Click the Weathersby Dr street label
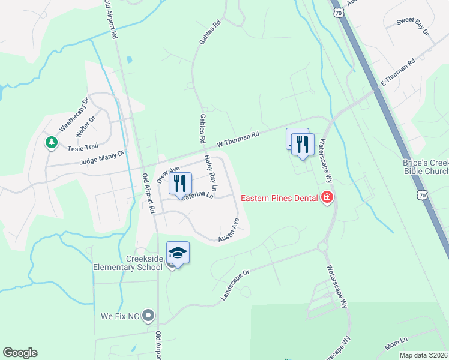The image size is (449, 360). pyautogui.click(x=73, y=114)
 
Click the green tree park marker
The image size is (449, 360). pyautogui.click(x=52, y=142)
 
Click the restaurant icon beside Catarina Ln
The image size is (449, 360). pyautogui.click(x=180, y=182)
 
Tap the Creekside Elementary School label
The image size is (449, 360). pyautogui.click(x=128, y=262)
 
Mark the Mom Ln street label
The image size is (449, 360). pyautogui.click(x=396, y=344)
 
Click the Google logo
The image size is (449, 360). pyautogui.click(x=20, y=353)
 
